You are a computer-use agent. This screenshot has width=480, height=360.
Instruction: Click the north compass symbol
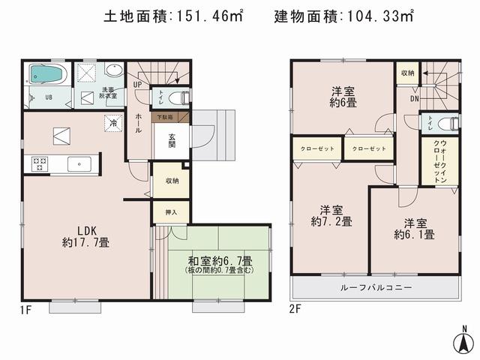click(x=465, y=341)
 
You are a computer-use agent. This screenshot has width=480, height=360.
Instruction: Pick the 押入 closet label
click(x=171, y=212)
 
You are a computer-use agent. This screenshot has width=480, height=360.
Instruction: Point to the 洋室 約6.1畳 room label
click(x=414, y=228)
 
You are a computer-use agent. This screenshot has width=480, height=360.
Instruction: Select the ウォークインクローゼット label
click(x=439, y=160)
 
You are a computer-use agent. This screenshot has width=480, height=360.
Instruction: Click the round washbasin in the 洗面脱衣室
click(x=114, y=71)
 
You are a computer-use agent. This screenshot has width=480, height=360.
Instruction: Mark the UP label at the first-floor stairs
click(x=137, y=85)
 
